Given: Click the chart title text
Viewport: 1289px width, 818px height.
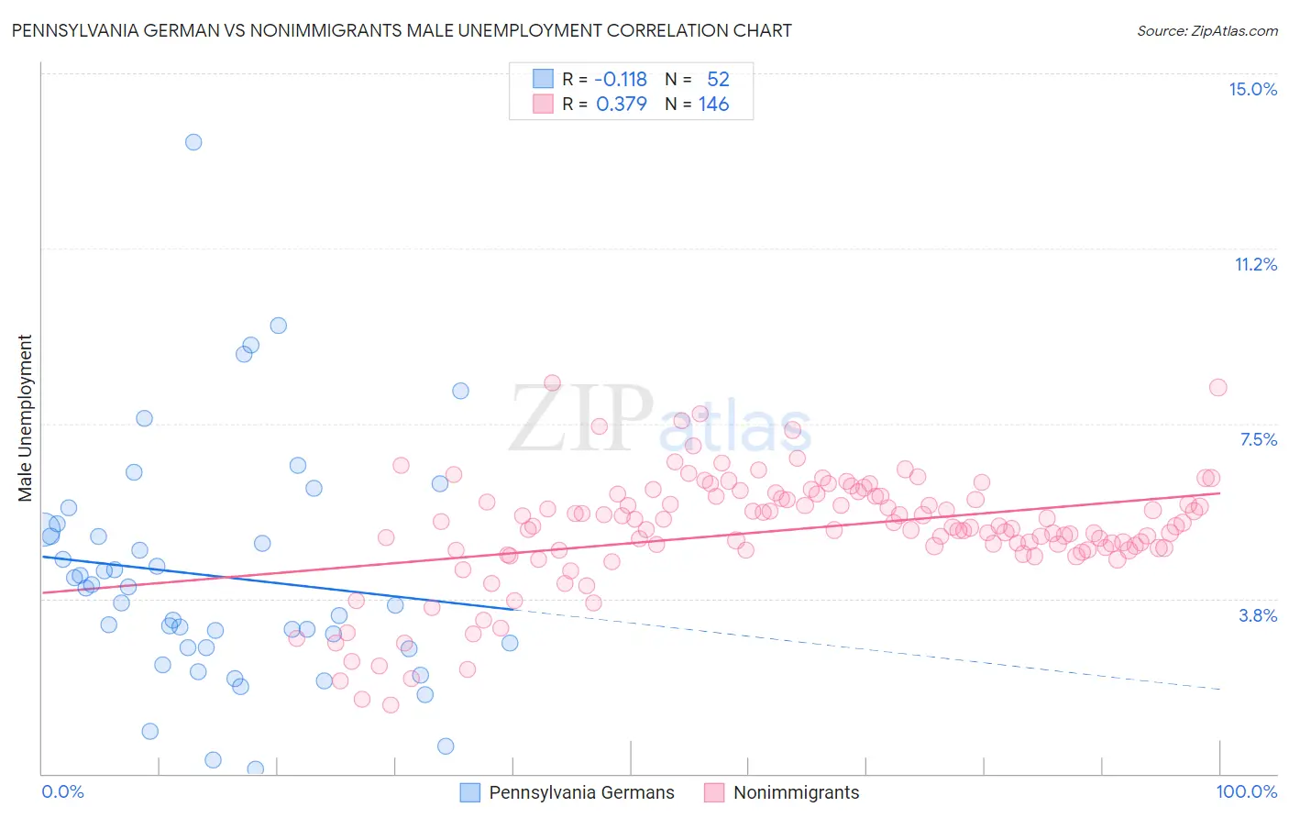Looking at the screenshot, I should (402, 30).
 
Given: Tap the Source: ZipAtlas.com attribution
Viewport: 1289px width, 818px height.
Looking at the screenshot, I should (1206, 30).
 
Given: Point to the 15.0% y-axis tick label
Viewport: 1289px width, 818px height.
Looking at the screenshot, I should (1252, 89).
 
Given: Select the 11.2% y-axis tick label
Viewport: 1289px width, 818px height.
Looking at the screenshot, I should (1255, 264).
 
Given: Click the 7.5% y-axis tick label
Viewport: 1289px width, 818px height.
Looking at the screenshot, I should (1258, 439).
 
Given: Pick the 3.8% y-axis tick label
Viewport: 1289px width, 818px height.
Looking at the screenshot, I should (1258, 615).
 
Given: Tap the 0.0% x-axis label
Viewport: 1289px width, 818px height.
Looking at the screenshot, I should (62, 791).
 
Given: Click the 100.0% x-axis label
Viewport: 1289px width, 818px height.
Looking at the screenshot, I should (1246, 791).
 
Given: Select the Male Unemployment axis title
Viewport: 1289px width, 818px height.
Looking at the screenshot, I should (25, 418).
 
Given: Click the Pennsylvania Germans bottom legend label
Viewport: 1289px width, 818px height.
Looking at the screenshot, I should (581, 792).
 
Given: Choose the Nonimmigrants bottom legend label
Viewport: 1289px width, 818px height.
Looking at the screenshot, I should (796, 792).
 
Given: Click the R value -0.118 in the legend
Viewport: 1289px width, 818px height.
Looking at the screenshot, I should (621, 79).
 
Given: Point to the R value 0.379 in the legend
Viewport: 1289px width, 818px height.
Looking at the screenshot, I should (621, 104).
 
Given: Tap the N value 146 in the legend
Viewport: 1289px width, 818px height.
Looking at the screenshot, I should (713, 104).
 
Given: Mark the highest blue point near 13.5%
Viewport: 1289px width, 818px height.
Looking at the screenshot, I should (193, 142).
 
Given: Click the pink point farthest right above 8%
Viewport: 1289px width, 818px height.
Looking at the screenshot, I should (1217, 387).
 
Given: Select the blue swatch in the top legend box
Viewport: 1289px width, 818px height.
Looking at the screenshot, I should (543, 79).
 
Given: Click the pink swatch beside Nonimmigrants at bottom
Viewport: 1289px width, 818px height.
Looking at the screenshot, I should (714, 792).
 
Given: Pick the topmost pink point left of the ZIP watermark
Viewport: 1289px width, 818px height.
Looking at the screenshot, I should (552, 382).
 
